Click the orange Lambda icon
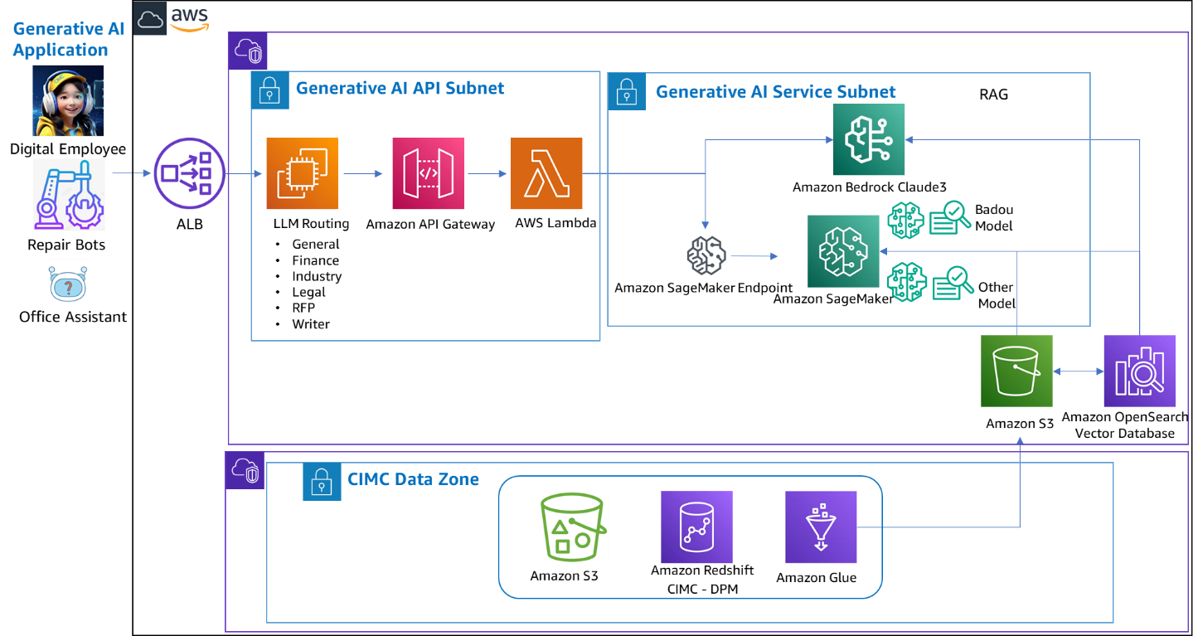[x=546, y=173]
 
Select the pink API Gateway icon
[x=428, y=173]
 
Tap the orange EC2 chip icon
[x=302, y=173]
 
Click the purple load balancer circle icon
[x=189, y=173]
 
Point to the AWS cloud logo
[x=172, y=18]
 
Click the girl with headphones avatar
[x=68, y=101]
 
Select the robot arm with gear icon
[x=69, y=194]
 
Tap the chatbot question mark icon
[x=68, y=284]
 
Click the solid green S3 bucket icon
[x=1016, y=371]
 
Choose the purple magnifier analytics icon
[x=1139, y=371]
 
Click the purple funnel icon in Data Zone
[x=821, y=527]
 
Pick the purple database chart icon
[x=696, y=527]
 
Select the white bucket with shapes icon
[x=574, y=527]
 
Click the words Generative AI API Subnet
[x=400, y=88]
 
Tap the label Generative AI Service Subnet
[x=775, y=91]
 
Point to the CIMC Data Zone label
[x=413, y=479]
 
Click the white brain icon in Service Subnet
[x=706, y=255]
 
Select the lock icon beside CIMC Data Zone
[x=322, y=481]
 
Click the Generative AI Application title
[x=68, y=40]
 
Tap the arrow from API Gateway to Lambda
[x=487, y=174]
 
